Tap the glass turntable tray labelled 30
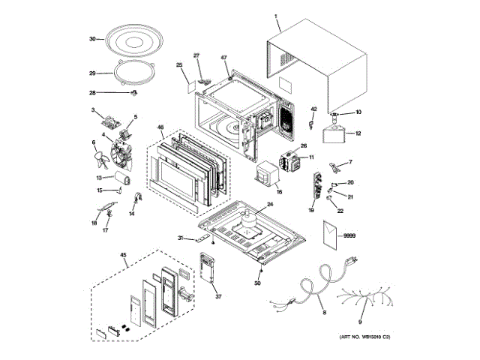[133, 41]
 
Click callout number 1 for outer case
[276, 15]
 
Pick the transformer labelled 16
[268, 177]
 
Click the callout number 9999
[348, 235]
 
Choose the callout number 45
[124, 255]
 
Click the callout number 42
[315, 109]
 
